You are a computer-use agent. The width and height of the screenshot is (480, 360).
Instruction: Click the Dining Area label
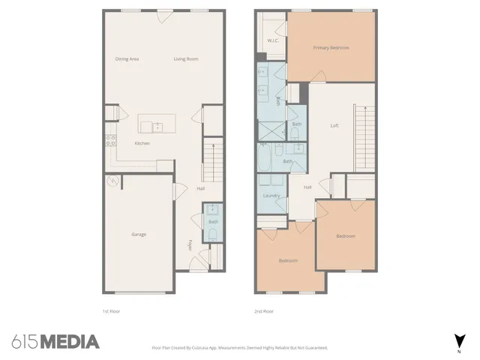click(127, 59)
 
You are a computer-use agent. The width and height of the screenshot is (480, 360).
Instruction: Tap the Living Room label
click(186, 59)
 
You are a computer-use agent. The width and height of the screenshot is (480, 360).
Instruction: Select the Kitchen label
click(142, 143)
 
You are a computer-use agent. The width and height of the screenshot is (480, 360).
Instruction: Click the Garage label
click(139, 235)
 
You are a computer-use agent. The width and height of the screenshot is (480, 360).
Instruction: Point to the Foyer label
click(190, 244)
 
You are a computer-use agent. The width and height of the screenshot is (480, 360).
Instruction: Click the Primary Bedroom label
click(331, 47)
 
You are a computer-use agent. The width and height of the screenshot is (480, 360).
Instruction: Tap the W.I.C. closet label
click(273, 40)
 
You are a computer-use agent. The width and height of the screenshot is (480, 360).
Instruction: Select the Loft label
click(334, 125)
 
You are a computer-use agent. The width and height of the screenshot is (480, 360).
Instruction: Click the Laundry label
click(271, 196)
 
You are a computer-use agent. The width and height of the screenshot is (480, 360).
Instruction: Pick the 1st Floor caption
click(111, 310)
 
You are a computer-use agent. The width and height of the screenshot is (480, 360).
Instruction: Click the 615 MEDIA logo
click(55, 342)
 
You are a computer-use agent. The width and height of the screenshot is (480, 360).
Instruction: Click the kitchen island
click(157, 122)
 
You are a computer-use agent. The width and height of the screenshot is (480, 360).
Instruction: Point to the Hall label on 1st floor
click(201, 188)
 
